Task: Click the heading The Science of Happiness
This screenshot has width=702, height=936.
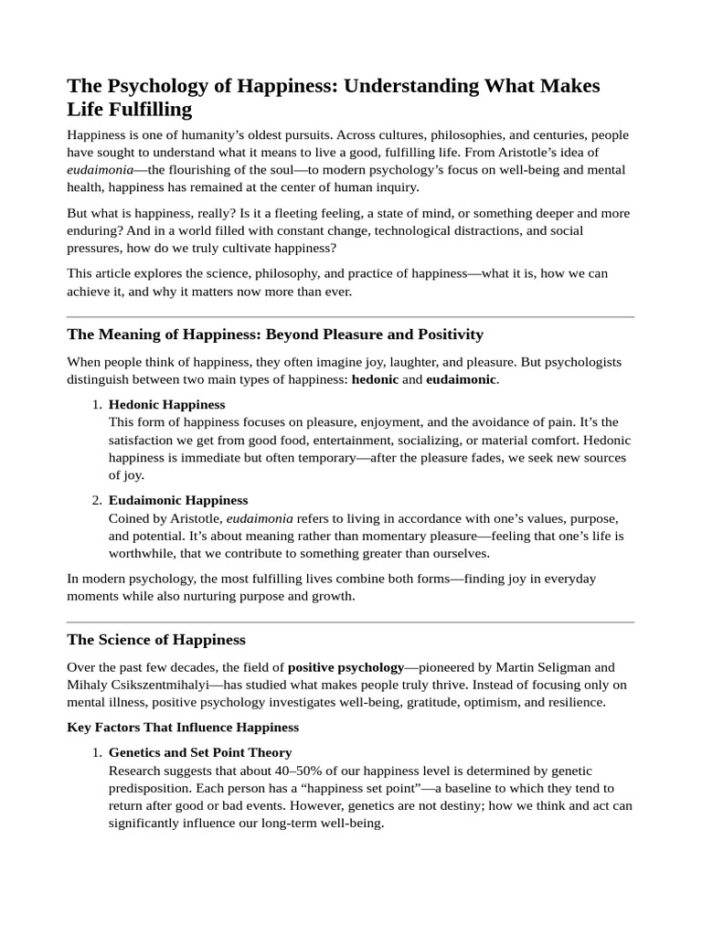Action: (x=156, y=639)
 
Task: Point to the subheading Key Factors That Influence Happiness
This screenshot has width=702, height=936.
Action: (x=183, y=728)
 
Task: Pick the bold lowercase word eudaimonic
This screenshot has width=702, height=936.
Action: (x=461, y=378)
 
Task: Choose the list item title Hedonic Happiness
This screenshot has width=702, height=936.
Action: (x=166, y=404)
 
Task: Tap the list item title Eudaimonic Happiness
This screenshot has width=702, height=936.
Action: (x=178, y=500)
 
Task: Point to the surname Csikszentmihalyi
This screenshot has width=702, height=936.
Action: (x=152, y=685)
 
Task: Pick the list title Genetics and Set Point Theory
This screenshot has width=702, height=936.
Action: (x=200, y=752)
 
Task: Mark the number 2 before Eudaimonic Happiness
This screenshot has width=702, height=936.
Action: (x=96, y=501)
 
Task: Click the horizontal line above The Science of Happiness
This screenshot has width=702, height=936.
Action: (x=351, y=622)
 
